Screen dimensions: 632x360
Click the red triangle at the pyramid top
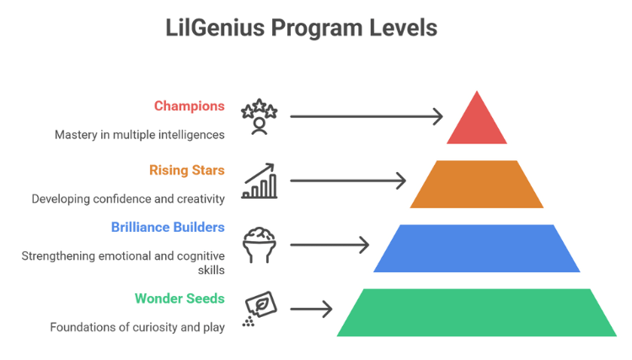(x=477, y=123)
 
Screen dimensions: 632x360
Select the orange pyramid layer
(x=477, y=184)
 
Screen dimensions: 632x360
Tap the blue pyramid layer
(x=477, y=249)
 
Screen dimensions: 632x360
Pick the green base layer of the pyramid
(x=477, y=313)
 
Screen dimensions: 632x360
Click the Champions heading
(x=190, y=106)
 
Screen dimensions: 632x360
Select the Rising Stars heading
(x=187, y=171)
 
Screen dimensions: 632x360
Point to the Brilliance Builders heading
(x=168, y=227)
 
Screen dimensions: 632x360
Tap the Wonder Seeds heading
(x=179, y=298)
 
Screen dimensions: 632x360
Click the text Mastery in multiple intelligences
(x=140, y=133)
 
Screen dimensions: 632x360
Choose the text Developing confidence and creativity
(x=128, y=199)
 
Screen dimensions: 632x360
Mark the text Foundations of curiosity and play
(x=137, y=326)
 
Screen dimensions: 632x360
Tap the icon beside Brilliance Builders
(x=258, y=245)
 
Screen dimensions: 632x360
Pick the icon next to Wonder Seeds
(x=256, y=308)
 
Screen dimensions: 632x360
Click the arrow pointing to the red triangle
(x=367, y=116)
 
